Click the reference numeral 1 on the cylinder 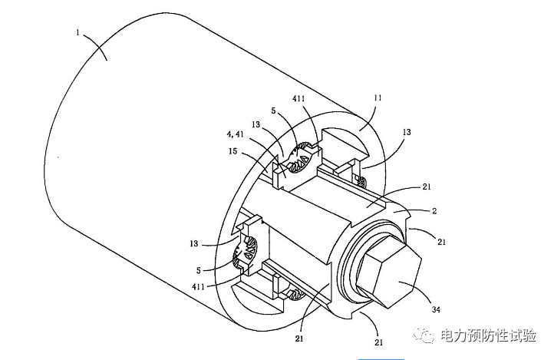tap(77, 33)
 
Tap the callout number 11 tap(378, 97)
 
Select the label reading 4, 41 tap(235, 134)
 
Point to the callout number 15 tap(232, 151)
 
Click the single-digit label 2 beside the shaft tap(434, 211)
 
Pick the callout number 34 tap(436, 309)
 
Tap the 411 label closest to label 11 tap(298, 98)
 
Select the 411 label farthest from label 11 tap(198, 286)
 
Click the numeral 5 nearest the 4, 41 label tap(273, 111)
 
